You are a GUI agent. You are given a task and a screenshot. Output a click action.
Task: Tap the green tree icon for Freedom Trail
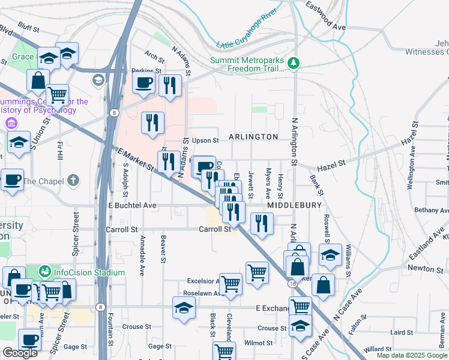[294, 63]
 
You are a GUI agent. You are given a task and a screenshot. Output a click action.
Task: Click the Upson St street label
[205, 140]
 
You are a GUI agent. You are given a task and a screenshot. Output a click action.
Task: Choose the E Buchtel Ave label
[132, 206]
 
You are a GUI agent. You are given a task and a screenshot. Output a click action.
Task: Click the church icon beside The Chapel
[73, 181]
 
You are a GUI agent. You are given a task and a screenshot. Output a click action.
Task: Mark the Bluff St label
[28, 28]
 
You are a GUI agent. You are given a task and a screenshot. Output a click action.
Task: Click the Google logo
[20, 353]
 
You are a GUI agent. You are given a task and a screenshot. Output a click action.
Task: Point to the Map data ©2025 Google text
[412, 355]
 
